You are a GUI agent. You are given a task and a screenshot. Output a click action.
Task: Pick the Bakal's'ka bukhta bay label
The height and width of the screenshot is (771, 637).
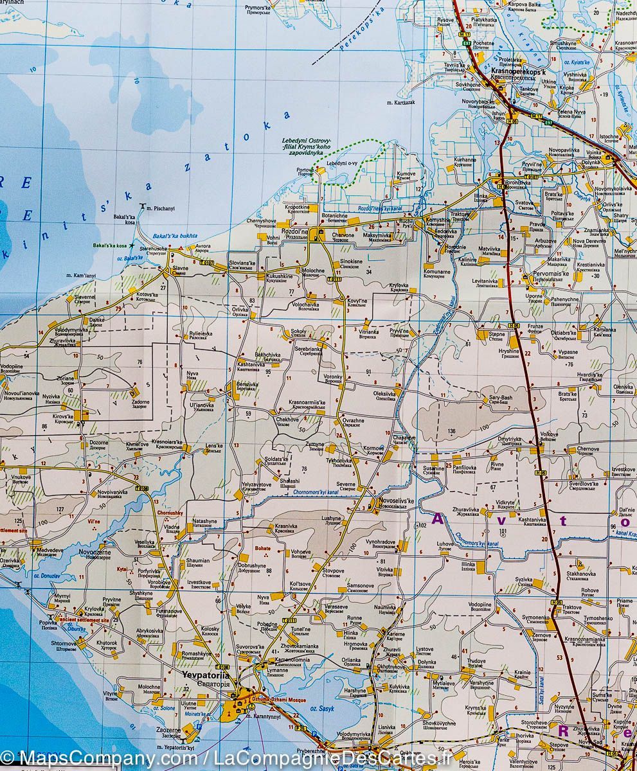point(175,236)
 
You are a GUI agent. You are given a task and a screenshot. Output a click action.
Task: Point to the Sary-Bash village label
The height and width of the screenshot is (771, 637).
point(501,398)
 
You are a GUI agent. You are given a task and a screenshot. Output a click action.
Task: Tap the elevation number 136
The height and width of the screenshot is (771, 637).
point(451,431)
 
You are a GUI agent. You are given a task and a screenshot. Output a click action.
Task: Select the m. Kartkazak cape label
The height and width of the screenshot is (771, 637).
point(400,103)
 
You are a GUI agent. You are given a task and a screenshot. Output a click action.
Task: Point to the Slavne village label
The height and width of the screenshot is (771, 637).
point(180,270)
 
